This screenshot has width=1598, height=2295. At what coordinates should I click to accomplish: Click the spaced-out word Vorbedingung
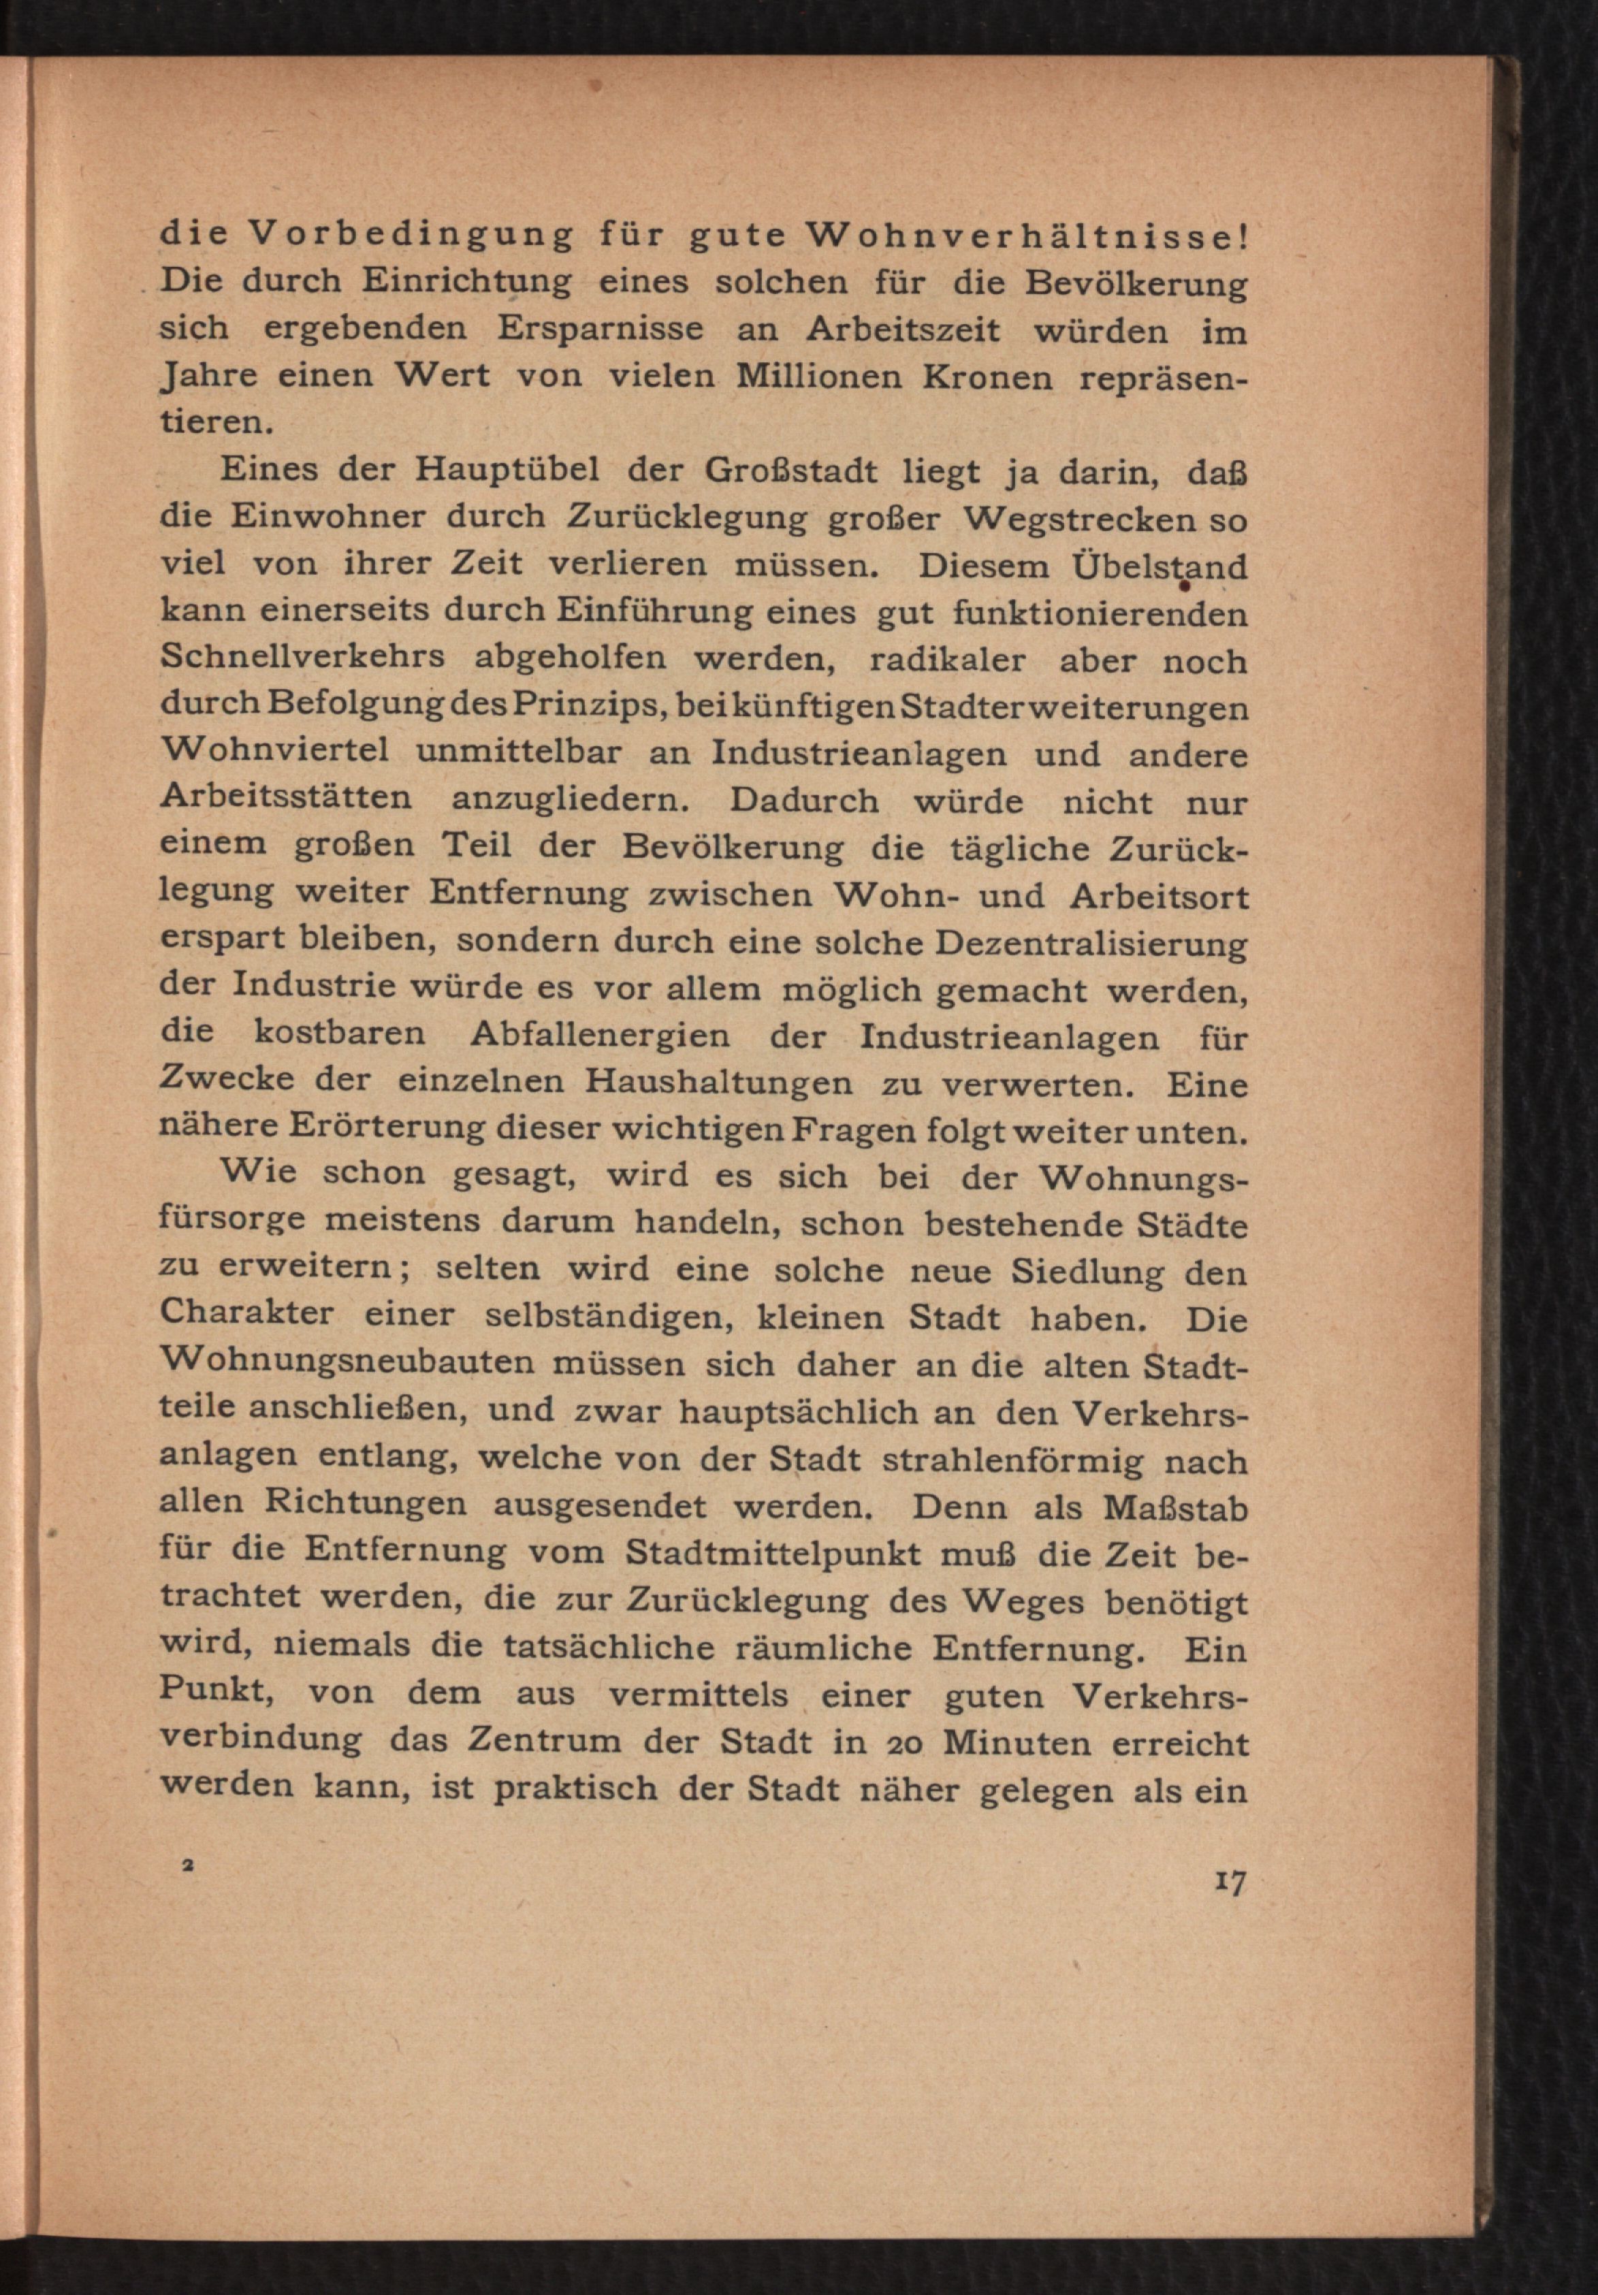(410, 236)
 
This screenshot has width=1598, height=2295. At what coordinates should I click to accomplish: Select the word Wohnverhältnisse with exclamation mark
(1026, 236)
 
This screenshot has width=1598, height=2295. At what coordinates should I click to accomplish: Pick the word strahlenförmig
(1013, 1460)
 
